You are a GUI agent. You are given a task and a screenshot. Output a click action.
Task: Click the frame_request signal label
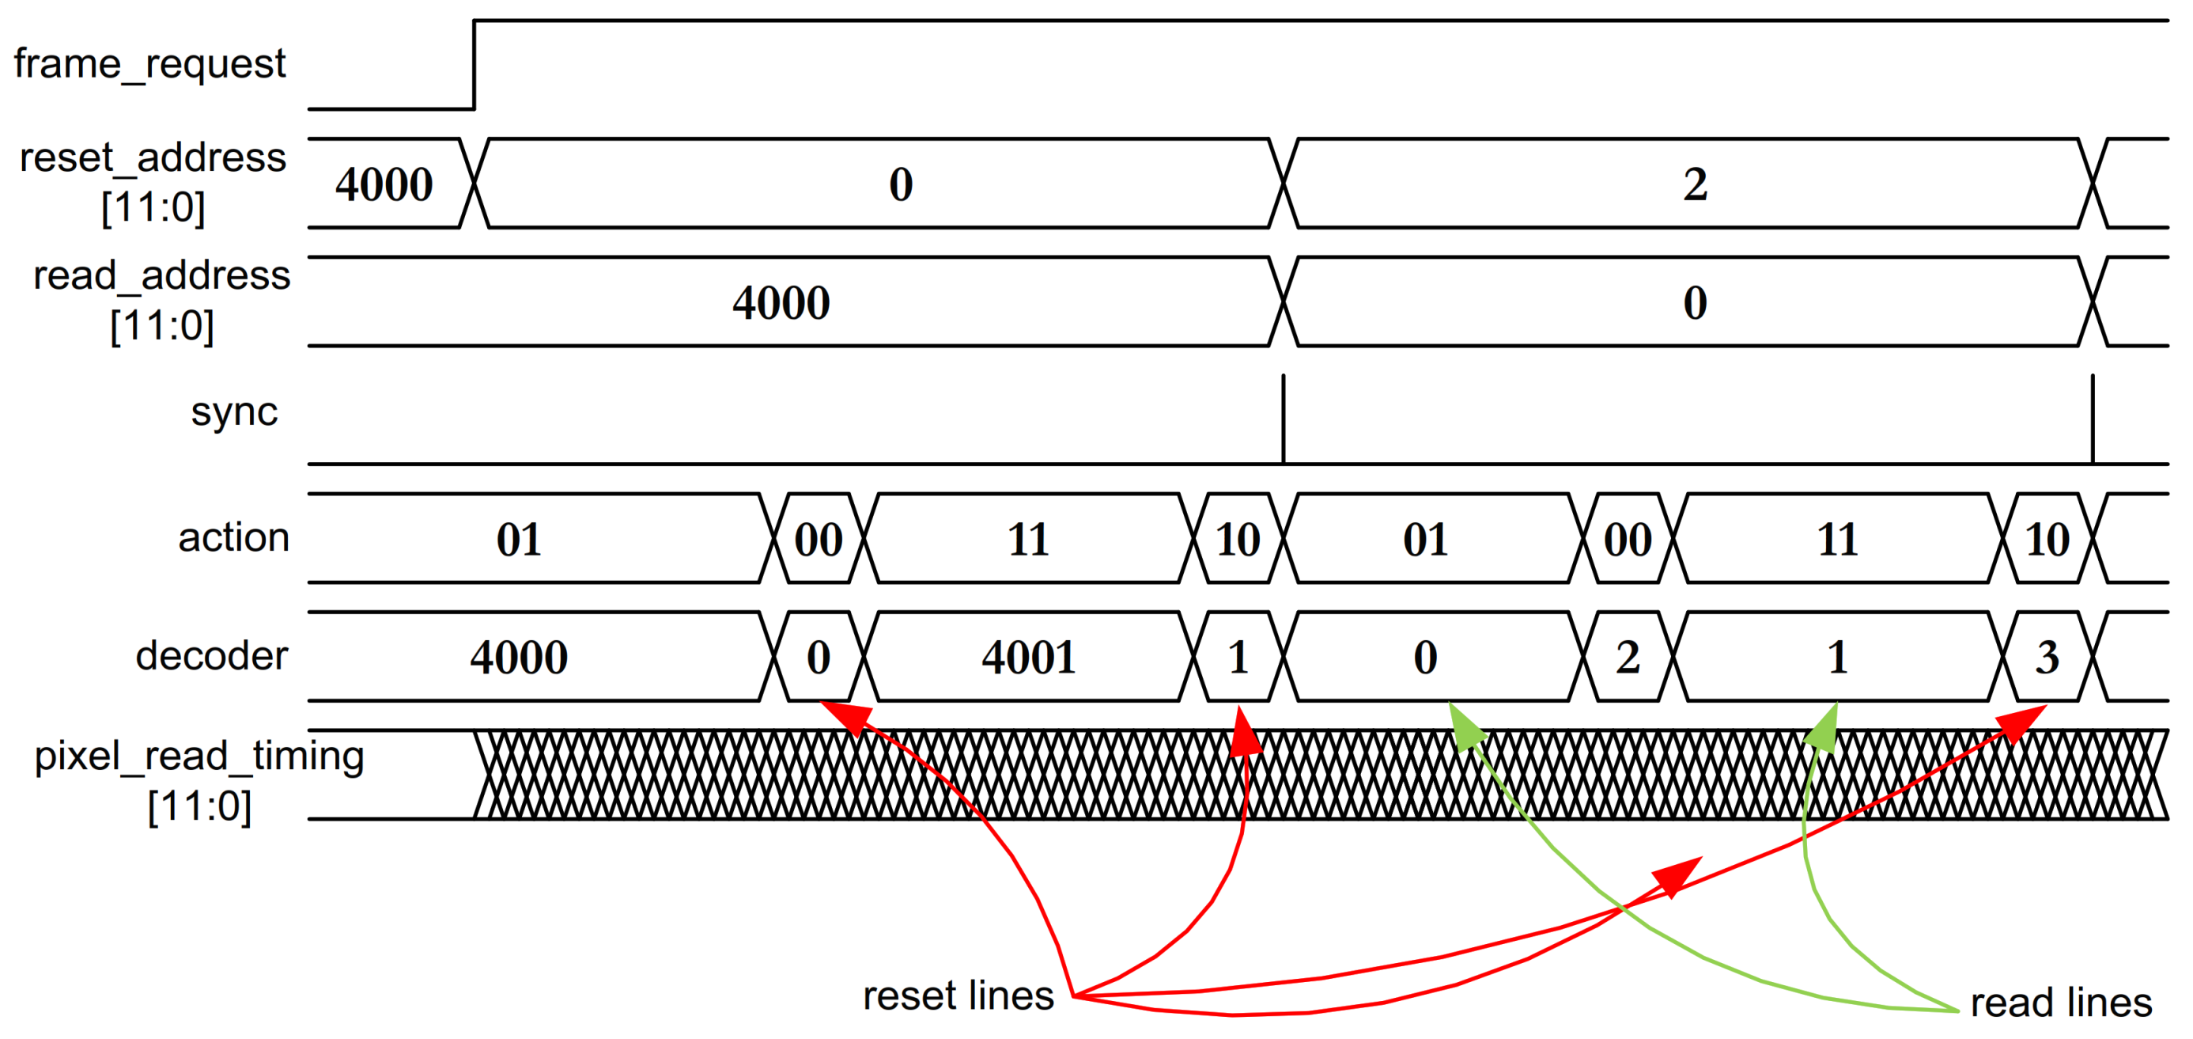[149, 65]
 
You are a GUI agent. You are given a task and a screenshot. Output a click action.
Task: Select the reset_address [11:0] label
[153, 181]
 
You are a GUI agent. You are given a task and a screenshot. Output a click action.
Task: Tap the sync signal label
[234, 412]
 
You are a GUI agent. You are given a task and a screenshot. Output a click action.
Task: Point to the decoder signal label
[212, 656]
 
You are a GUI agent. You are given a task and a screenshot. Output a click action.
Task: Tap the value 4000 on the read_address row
[781, 303]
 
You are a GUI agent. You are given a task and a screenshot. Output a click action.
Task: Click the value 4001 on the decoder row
[1028, 658]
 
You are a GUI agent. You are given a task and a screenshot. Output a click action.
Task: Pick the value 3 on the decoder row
[2047, 658]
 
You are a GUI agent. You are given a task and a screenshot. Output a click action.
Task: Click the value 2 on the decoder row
[1628, 658]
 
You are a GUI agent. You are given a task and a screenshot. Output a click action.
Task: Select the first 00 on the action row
[818, 540]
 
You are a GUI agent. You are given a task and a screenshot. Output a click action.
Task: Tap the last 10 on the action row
[2047, 540]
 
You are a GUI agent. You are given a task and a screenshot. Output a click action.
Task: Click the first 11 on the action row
[1028, 540]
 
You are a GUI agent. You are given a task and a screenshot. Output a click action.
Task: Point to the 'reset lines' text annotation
[958, 995]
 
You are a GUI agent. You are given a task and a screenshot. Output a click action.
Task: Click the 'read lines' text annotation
[2061, 1003]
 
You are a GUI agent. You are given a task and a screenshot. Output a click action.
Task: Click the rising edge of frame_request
[475, 65]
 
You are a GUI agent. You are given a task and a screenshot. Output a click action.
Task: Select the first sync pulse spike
[1284, 419]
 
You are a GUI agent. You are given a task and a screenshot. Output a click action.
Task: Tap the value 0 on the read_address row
[1694, 303]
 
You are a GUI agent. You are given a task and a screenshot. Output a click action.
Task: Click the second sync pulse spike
[2093, 419]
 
